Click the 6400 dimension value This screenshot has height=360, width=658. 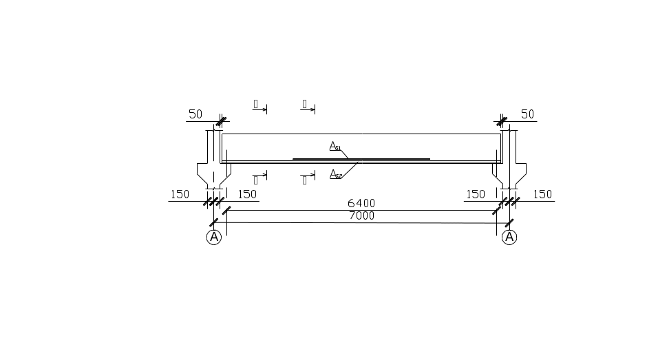click(361, 203)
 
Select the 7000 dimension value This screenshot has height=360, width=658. click(361, 215)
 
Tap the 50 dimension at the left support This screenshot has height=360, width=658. click(195, 114)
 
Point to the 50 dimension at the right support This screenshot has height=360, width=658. click(528, 114)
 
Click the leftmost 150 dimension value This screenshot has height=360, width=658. click(179, 194)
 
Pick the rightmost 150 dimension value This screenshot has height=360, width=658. click(542, 194)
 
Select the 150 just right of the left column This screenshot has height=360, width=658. click(246, 194)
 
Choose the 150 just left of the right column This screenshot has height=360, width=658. click(476, 194)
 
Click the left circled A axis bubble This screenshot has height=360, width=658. click(214, 237)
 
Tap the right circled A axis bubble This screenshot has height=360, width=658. click(509, 237)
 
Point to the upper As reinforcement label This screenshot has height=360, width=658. click(335, 146)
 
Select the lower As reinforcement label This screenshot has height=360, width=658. click(336, 173)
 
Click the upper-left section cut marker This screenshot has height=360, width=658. click(260, 109)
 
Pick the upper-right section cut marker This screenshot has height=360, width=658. click(308, 107)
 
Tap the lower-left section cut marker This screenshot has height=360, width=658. click(260, 175)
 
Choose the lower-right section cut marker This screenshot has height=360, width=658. click(308, 178)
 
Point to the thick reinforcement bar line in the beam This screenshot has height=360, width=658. click(361, 159)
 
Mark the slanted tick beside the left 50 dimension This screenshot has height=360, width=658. click(220, 123)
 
